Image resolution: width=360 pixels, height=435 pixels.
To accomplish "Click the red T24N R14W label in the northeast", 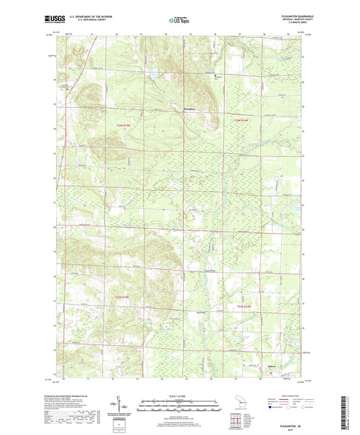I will [x=242, y=120].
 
